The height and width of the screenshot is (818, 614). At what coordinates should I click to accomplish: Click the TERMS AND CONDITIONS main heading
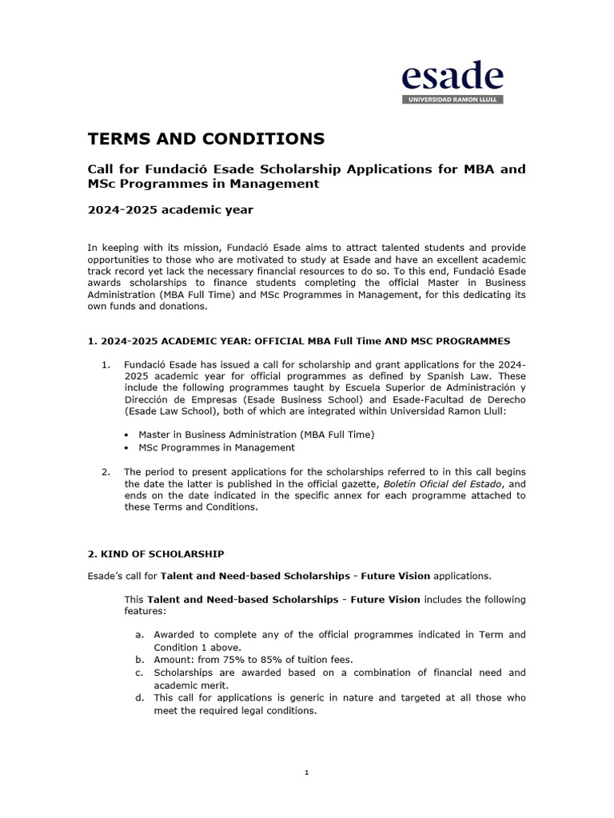(205, 139)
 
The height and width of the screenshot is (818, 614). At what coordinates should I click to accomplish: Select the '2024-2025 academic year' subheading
(170, 210)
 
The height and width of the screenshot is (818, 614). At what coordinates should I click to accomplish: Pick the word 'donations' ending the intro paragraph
(180, 306)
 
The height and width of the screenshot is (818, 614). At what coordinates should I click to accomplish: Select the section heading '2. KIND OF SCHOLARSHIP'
(155, 554)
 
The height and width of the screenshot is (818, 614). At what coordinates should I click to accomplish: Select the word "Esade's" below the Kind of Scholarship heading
(106, 575)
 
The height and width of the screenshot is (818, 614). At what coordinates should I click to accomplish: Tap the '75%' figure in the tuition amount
(221, 660)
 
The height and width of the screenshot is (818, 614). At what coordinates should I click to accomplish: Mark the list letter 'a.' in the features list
(139, 634)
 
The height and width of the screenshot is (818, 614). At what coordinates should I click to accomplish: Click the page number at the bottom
(306, 772)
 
